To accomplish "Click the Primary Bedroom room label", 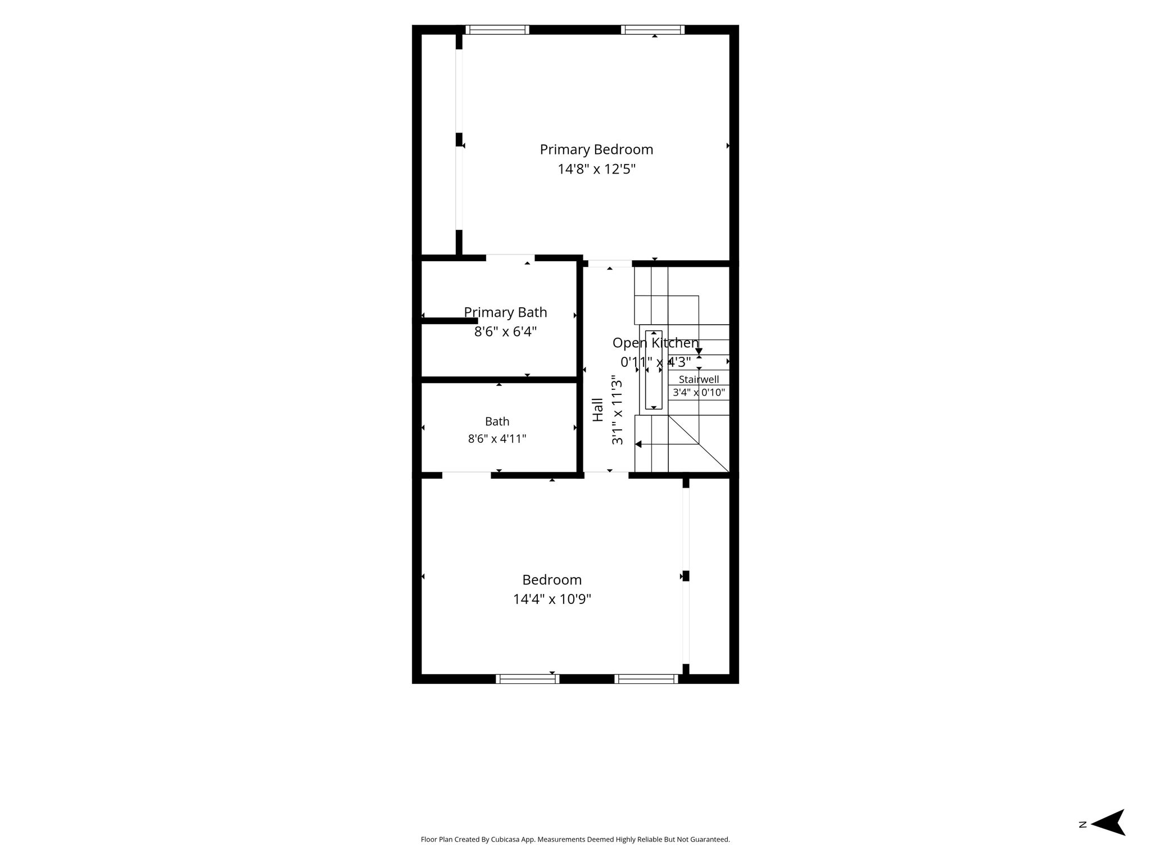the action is (596, 150).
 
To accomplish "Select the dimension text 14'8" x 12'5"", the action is (596, 169).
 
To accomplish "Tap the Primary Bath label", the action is (505, 312).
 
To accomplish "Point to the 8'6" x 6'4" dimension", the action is (505, 331).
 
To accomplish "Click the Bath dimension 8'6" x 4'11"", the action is (497, 438).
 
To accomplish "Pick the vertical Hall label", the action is (598, 410).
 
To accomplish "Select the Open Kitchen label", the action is (655, 343).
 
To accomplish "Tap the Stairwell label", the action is (699, 379).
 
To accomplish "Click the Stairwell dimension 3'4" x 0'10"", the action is (699, 392).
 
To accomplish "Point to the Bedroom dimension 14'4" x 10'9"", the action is (552, 599).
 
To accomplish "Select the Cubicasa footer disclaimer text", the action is (575, 839).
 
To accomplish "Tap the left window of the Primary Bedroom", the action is (497, 30).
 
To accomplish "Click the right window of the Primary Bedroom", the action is (652, 30).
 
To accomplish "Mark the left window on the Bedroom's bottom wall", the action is (527, 679).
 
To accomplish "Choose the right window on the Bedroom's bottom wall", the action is (646, 679).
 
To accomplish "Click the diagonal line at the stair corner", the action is (699, 444).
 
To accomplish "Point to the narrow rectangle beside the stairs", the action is (654, 370).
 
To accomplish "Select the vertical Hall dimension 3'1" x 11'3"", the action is (618, 410).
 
